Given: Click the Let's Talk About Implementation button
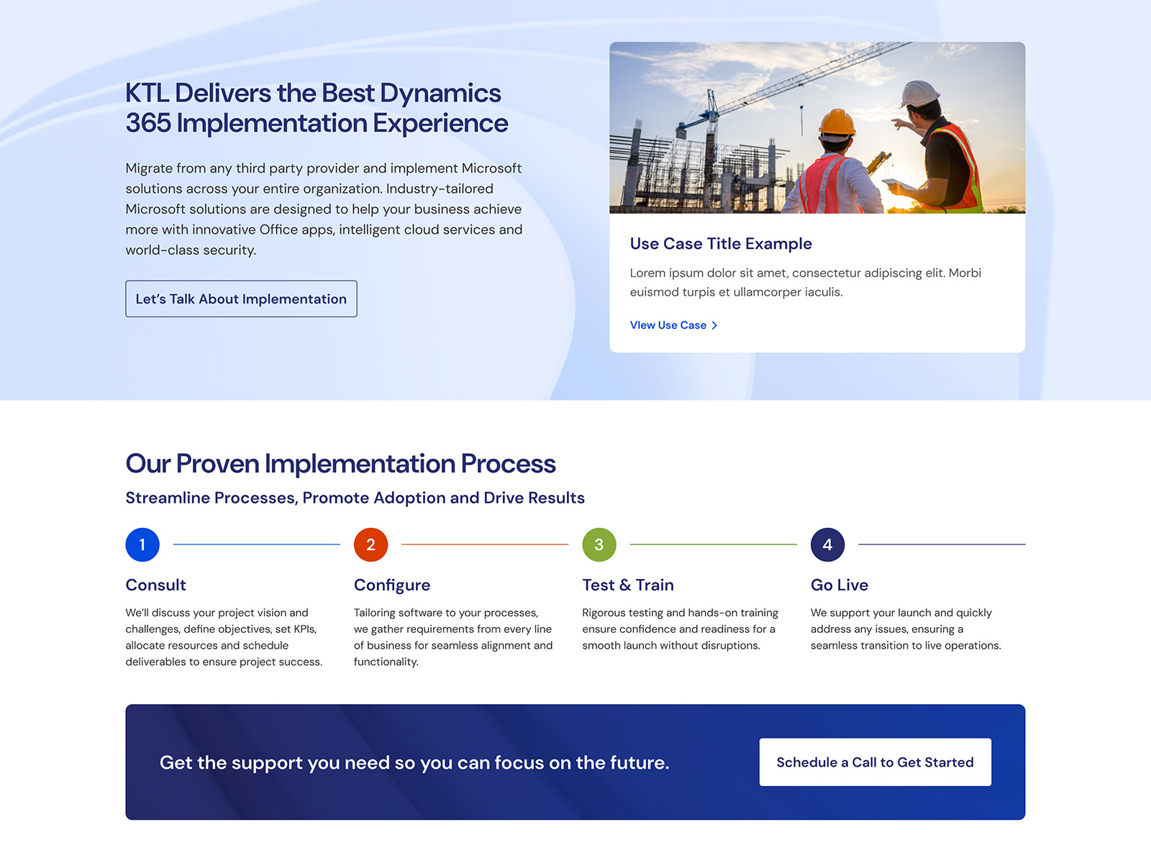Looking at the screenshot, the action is point(241,298).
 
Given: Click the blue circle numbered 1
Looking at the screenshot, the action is point(142,544).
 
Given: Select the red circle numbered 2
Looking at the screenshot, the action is point(370,544).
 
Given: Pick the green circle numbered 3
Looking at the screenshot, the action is point(599,544).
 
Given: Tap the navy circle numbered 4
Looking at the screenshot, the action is point(827,544).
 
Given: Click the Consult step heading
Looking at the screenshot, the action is point(155,585).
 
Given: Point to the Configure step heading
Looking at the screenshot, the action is point(392,585).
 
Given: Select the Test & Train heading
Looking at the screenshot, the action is point(628,585).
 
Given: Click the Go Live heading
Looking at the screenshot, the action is point(839,585).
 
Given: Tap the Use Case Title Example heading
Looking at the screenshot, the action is point(721,244).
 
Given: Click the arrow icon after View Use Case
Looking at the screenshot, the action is point(714,325).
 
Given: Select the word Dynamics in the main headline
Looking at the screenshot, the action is point(440,93).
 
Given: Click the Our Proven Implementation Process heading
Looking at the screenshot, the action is point(340,464).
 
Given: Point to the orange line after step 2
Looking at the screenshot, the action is point(485,544).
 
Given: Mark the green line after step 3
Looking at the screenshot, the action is point(713,544).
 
